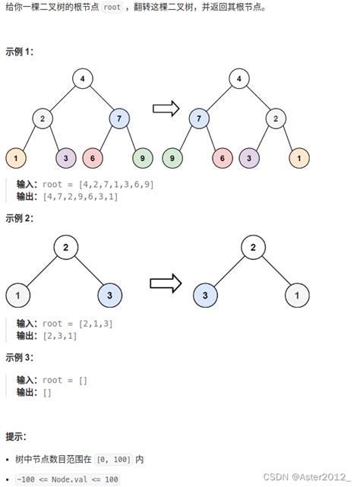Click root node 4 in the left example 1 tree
pos(83,78)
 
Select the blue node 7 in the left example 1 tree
pos(120,118)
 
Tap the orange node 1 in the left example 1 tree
pos(15,158)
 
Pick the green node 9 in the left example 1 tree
pos(142,158)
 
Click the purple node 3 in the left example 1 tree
pos(67,158)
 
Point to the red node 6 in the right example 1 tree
pos(223,158)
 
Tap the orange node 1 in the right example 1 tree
pos(300,158)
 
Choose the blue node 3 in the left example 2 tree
pos(110,294)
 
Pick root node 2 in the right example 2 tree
pos(253,248)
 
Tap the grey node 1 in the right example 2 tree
pos(298,294)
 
